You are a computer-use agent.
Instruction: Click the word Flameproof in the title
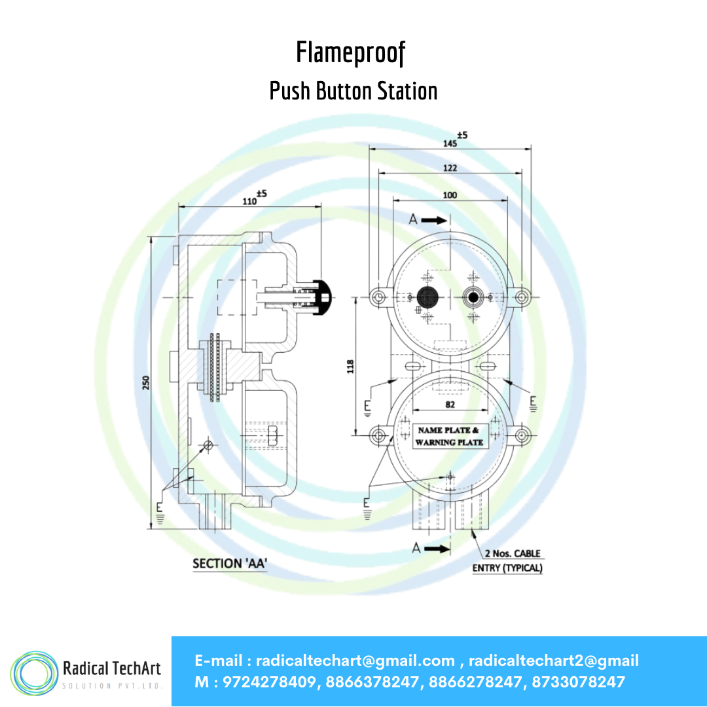pos(351,53)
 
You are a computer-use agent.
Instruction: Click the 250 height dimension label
pos(145,383)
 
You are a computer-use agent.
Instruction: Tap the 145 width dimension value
pos(450,143)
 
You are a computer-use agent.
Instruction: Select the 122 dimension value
pos(450,168)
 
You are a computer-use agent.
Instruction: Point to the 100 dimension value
pos(450,195)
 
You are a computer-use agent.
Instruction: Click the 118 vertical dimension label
pos(350,366)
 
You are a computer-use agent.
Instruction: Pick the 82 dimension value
pos(450,405)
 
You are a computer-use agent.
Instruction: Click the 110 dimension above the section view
pos(249,201)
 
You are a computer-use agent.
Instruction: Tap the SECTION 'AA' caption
pos(230,564)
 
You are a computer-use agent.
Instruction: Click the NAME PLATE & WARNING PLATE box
pos(449,437)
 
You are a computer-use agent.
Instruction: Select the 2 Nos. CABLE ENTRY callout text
pos(508,560)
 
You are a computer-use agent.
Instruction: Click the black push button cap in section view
pos(322,298)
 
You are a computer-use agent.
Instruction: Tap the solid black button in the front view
pos(427,297)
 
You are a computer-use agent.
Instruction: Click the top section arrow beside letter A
pos(434,220)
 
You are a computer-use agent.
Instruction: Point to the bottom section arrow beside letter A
pos(437,549)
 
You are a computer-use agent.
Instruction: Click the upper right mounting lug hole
pos(522,297)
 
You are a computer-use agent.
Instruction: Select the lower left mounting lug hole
pos(379,435)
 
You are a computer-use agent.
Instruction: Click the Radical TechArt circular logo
pos(34,673)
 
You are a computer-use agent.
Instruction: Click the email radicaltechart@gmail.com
pos(355,661)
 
